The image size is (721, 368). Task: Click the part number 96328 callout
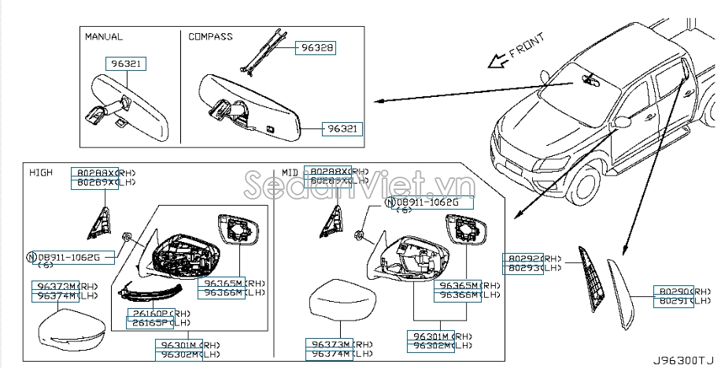(316, 48)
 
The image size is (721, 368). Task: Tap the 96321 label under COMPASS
(343, 128)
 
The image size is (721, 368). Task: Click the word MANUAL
(104, 36)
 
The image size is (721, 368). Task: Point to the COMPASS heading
(210, 36)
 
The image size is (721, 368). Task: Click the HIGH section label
(41, 173)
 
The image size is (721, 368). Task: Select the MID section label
(291, 173)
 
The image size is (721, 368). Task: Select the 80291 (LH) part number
(671, 300)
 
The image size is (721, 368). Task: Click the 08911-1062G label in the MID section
(429, 203)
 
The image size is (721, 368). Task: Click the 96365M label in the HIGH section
(224, 282)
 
